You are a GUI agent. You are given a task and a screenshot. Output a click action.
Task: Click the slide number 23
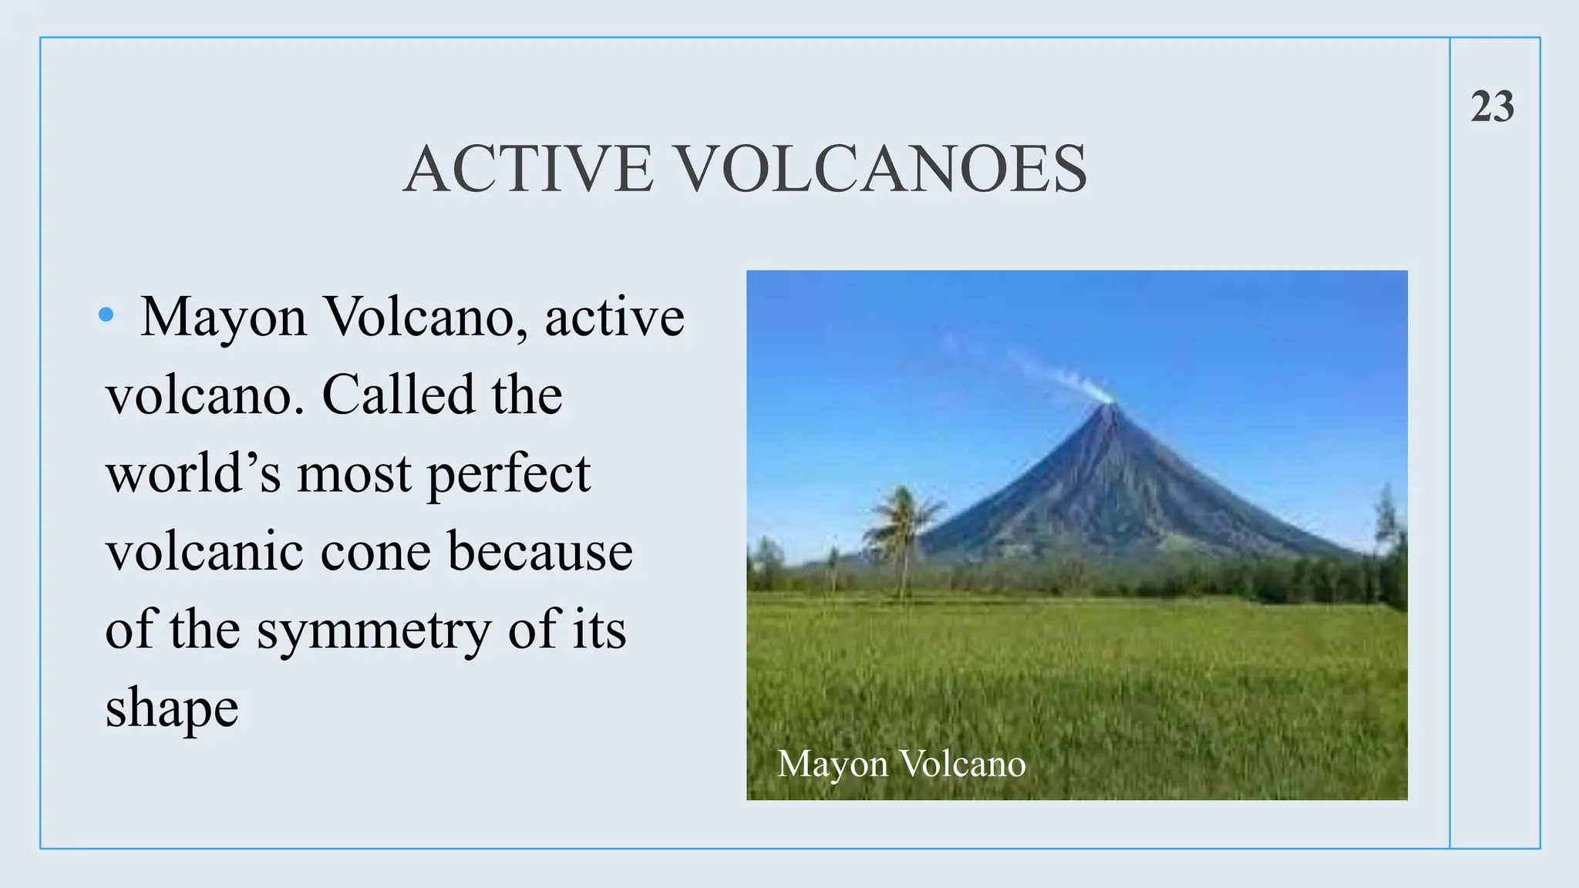[1492, 106]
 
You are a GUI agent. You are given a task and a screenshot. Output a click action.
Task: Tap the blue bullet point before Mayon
[106, 314]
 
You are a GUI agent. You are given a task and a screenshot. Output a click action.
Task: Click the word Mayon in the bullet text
[224, 318]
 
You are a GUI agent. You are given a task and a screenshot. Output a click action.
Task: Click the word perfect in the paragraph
[509, 475]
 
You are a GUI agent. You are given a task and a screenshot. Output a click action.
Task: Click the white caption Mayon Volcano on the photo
[901, 764]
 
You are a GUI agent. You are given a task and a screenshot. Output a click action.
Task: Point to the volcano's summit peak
[1109, 405]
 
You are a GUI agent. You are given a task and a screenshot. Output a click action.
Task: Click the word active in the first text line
[614, 318]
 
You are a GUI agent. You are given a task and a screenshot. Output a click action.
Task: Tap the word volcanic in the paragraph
[204, 552]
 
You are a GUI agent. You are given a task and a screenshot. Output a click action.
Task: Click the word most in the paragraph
[354, 475]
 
